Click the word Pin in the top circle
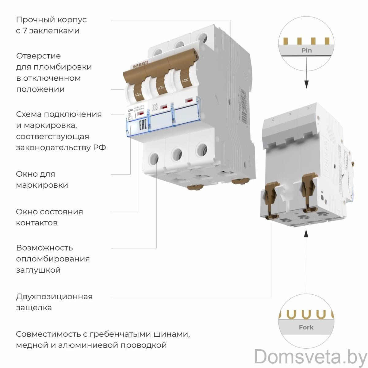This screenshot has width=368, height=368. [306, 50]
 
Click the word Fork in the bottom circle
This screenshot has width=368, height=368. [306, 327]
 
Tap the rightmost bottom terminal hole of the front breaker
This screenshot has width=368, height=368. [201, 150]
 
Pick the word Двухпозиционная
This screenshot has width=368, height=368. [54, 297]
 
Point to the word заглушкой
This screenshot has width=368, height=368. [38, 270]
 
